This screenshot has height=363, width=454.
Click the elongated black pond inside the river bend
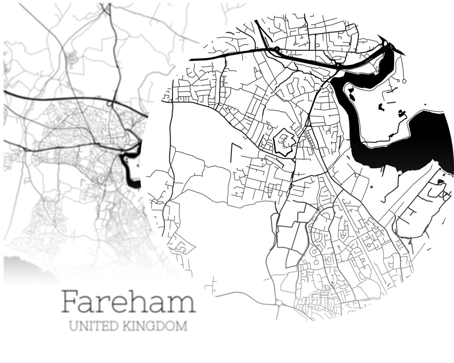tap(351, 94)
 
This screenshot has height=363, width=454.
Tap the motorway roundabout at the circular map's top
tap(277, 49)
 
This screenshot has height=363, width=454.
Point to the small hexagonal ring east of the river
tap(404, 81)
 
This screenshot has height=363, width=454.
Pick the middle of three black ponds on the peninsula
tap(381, 107)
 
